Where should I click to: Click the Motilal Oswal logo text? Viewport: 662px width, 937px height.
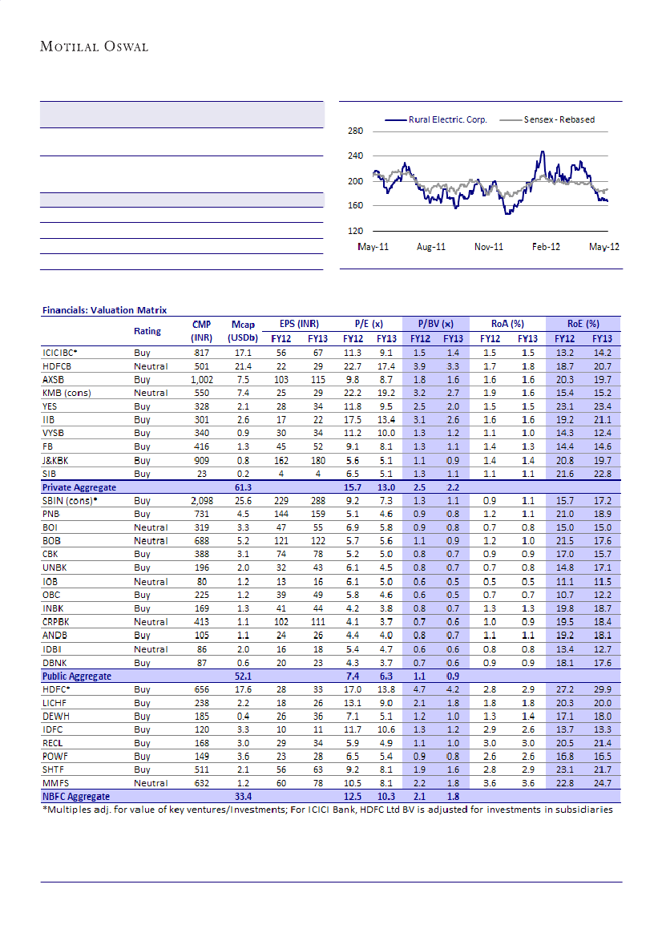[x=94, y=46]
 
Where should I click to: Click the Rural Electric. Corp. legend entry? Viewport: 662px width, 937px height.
[x=447, y=120]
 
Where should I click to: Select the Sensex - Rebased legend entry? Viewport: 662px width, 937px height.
[x=559, y=120]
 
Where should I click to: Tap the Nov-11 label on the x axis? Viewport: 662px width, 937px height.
[x=488, y=247]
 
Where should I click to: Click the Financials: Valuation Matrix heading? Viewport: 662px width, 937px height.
[x=104, y=310]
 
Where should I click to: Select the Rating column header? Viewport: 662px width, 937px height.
[x=147, y=331]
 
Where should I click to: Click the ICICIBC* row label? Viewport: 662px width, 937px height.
[x=60, y=352]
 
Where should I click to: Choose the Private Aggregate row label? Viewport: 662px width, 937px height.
[x=79, y=487]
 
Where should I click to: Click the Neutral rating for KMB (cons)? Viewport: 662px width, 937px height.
[x=151, y=393]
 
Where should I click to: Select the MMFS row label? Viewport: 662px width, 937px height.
[x=54, y=783]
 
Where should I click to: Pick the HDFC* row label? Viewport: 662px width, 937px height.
[x=56, y=689]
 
